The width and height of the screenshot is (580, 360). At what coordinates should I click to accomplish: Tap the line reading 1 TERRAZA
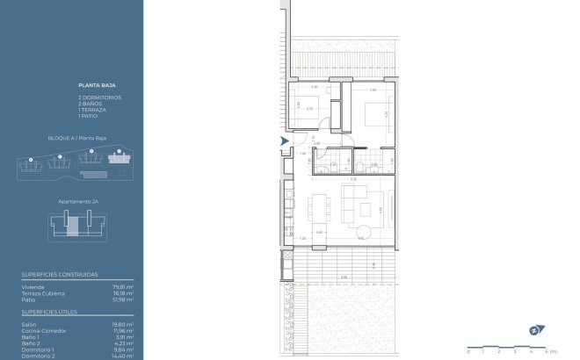pyautogui.click(x=91, y=110)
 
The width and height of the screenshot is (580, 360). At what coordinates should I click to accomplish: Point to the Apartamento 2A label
pyautogui.click(x=76, y=201)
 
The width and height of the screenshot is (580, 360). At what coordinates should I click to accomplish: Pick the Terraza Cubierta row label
pyautogui.click(x=40, y=292)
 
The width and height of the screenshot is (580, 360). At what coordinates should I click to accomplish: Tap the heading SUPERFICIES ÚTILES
pyautogui.click(x=48, y=312)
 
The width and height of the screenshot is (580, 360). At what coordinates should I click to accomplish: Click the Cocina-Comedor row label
pyautogui.click(x=41, y=330)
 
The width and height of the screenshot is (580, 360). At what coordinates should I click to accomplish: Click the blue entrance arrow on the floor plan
pyautogui.click(x=284, y=140)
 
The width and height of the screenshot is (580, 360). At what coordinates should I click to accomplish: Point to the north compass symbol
pyautogui.click(x=535, y=330)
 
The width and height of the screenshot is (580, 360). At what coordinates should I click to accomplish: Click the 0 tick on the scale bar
pyautogui.click(x=468, y=350)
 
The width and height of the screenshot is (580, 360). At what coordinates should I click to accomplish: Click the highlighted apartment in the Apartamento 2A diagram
pyautogui.click(x=74, y=226)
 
